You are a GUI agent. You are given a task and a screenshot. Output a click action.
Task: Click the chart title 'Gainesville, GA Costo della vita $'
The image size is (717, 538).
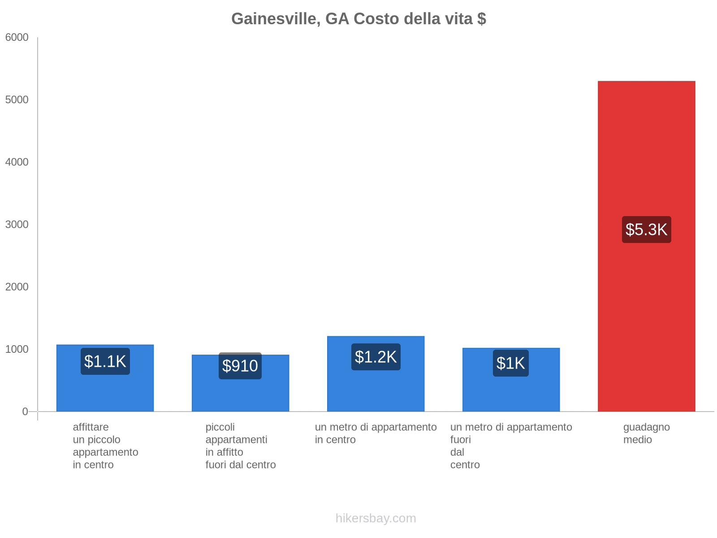click(x=358, y=19)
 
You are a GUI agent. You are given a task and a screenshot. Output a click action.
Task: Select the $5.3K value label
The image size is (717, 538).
click(x=646, y=230)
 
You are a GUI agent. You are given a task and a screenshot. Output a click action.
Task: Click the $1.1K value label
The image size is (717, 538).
click(x=105, y=361)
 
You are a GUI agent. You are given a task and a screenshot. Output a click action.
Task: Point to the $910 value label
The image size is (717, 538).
click(x=240, y=366)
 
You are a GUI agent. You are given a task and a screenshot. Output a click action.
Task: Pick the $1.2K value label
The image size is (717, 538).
click(x=376, y=357)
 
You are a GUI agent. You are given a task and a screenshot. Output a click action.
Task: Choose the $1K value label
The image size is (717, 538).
click(x=510, y=363)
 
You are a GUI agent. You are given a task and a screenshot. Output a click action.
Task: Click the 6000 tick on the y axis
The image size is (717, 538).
click(x=17, y=38)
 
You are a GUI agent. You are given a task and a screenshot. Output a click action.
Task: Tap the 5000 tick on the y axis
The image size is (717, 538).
click(x=17, y=100)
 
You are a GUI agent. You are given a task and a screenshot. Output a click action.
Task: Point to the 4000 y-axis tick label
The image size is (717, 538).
click(x=17, y=162)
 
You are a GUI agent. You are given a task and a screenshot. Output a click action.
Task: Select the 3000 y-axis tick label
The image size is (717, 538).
click(x=17, y=225)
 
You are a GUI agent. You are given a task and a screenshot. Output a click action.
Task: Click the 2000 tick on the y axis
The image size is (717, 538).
click(x=17, y=287)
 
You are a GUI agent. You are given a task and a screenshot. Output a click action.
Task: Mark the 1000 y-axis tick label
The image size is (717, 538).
click(x=17, y=349)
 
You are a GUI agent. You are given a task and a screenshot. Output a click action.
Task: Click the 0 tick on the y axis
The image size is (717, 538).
click(x=25, y=412)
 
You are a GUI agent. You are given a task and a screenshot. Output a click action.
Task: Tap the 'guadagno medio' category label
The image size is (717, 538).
click(x=646, y=433)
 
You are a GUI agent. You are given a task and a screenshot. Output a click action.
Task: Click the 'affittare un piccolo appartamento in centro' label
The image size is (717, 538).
click(x=105, y=446)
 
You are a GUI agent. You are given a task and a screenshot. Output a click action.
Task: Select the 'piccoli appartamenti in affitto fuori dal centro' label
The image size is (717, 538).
click(x=240, y=446)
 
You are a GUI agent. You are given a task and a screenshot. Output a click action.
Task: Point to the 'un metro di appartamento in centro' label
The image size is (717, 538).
click(x=376, y=433)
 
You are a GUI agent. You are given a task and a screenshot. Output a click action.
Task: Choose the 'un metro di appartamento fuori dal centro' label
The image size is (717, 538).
click(x=511, y=446)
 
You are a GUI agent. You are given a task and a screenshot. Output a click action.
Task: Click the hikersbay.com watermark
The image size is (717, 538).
click(x=376, y=518)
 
